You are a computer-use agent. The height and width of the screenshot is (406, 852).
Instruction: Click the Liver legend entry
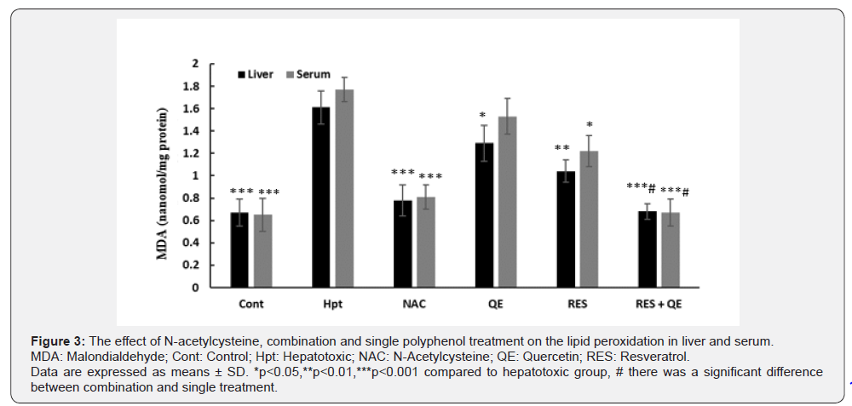256,75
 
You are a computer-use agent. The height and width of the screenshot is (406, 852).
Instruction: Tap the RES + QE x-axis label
658,303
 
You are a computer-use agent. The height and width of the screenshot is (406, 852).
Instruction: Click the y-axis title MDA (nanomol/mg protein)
163,175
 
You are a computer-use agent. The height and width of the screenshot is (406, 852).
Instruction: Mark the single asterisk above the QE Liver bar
482,116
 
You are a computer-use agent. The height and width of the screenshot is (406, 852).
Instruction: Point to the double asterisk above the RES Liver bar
562,148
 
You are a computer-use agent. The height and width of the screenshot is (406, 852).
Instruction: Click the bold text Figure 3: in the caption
57,341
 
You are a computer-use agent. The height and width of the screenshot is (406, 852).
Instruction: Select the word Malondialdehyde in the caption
101,357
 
